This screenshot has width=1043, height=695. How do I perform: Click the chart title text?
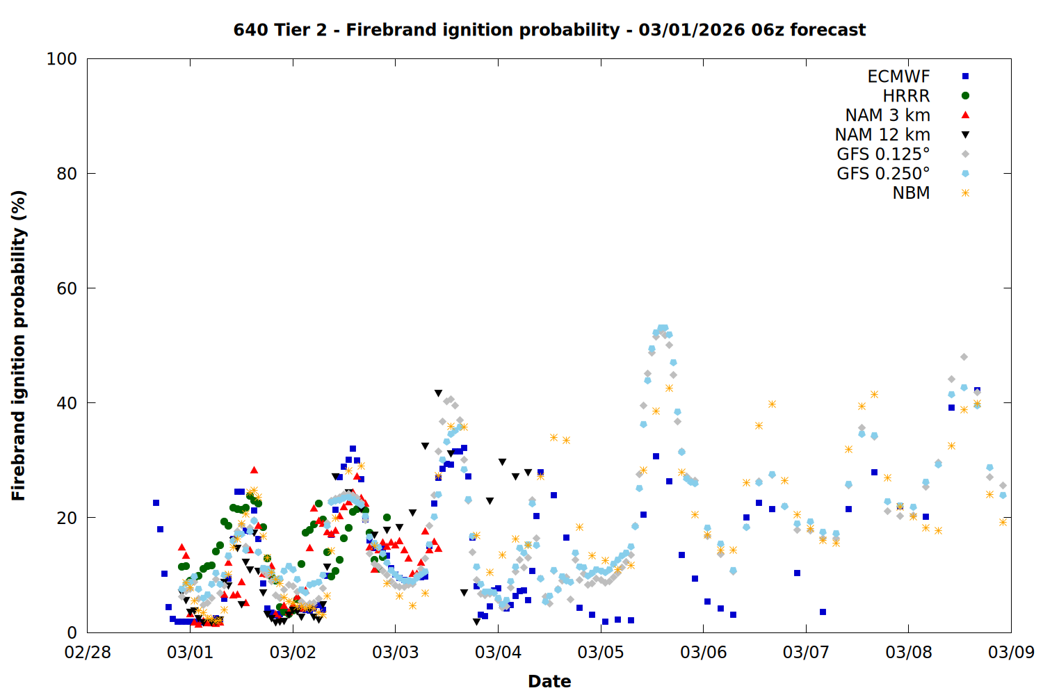[549, 30]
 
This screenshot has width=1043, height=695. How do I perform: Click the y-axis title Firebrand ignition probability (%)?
[18, 345]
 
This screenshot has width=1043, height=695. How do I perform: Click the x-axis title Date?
[549, 681]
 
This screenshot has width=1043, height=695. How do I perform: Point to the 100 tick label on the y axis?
[62, 59]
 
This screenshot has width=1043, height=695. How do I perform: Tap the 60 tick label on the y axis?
[67, 288]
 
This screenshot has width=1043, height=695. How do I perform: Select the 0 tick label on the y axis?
[72, 632]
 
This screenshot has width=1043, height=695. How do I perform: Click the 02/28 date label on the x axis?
[88, 653]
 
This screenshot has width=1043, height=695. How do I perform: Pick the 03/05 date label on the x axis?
[601, 653]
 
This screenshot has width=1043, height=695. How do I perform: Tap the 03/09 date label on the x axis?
[1011, 653]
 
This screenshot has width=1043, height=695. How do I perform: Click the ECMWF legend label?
[898, 76]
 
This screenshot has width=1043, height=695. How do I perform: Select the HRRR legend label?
[906, 96]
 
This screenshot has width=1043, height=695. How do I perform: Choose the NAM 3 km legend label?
[887, 115]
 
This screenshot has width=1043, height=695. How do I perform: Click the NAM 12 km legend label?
[882, 135]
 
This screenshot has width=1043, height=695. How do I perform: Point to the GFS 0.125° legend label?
[883, 154]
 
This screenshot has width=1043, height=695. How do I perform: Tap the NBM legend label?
[911, 193]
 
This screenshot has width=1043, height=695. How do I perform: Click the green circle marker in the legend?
[965, 96]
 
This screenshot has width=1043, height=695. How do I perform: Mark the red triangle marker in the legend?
[965, 115]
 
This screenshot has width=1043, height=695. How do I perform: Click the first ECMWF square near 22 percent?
[156, 502]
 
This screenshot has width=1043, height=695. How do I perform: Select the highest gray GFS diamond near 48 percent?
[964, 357]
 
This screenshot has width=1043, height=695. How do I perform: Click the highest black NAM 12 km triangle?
[438, 393]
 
